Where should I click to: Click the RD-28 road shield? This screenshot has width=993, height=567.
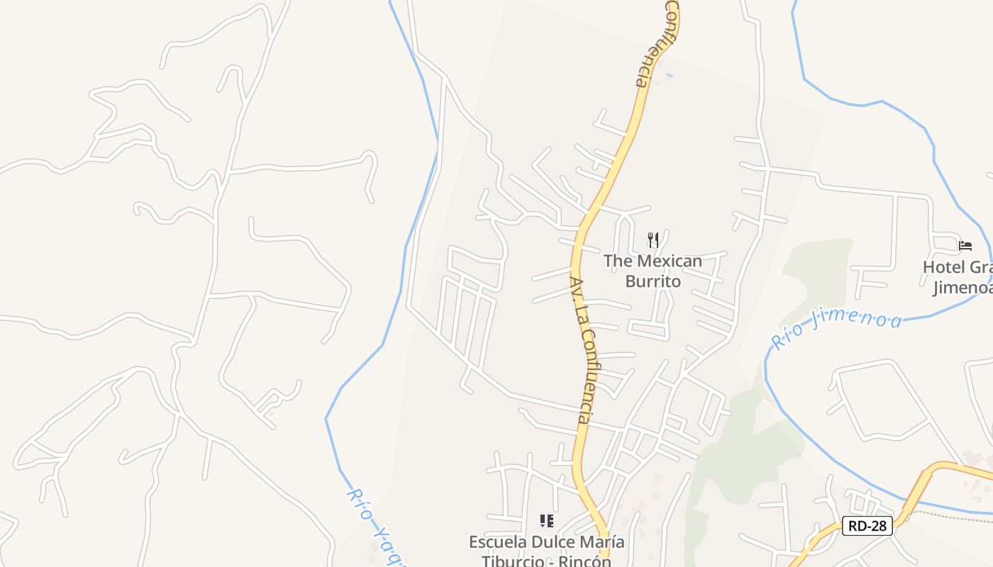tap(867, 526)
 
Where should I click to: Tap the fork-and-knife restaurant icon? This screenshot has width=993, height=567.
tap(653, 240)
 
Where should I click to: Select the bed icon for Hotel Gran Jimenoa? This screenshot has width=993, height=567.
tap(965, 246)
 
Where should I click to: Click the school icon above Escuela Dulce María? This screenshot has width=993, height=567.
tap(546, 522)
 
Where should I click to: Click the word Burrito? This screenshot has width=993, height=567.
tap(653, 281)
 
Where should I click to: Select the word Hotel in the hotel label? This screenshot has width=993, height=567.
tap(944, 267)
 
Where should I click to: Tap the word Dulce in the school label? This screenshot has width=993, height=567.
tap(553, 542)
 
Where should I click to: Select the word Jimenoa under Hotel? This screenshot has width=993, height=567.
tap(961, 288)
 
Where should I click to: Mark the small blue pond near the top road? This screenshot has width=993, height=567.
tap(669, 75)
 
